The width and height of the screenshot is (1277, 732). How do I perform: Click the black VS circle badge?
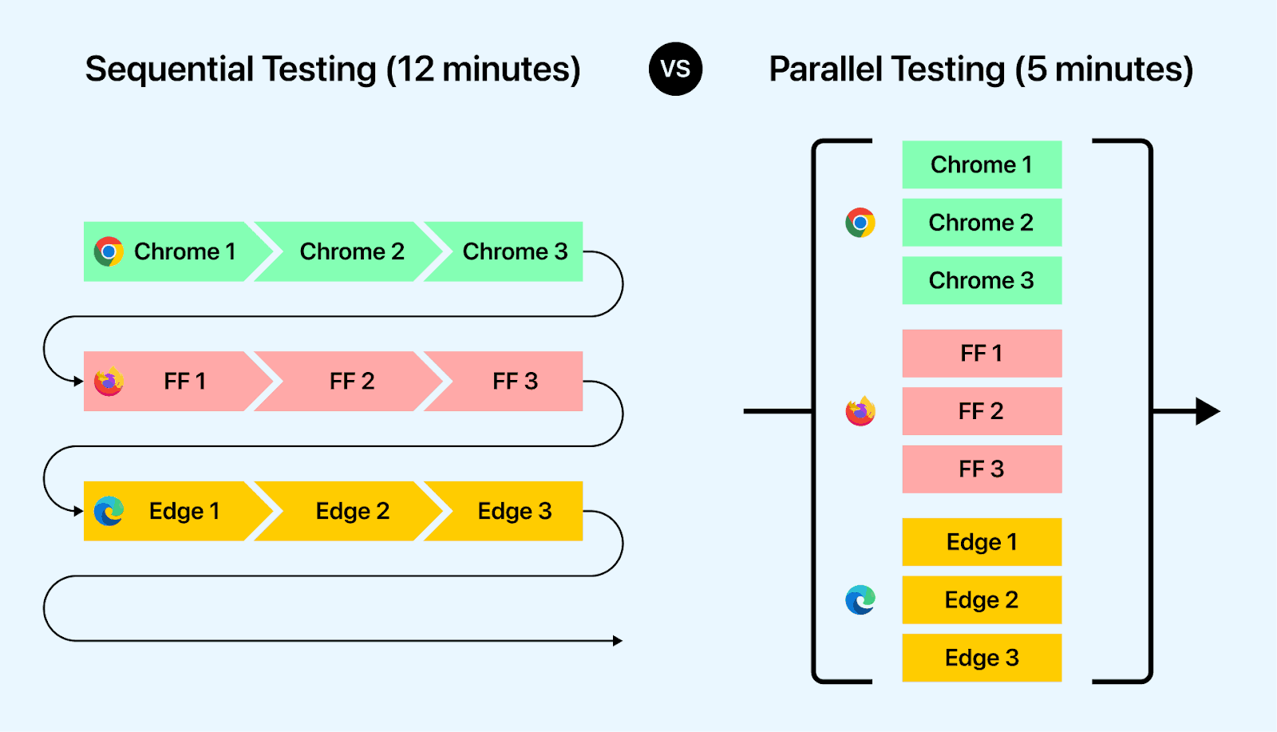[x=675, y=69]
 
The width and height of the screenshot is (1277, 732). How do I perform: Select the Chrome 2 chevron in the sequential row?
[x=351, y=251]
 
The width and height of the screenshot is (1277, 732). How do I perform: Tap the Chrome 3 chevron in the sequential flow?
[x=515, y=251]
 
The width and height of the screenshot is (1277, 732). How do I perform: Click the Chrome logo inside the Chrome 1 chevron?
[x=109, y=251]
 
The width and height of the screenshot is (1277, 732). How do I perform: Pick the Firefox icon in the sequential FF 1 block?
[x=109, y=382]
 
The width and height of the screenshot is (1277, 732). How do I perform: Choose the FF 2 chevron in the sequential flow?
[x=351, y=382]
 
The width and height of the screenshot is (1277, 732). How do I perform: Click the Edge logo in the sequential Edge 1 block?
[x=109, y=511]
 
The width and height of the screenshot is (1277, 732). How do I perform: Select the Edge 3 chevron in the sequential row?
[x=515, y=511]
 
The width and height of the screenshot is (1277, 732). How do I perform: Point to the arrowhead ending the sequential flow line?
[x=618, y=640]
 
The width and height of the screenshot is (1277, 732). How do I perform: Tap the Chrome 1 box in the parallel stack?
[x=982, y=164]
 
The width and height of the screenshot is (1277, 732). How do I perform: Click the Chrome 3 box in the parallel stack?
[x=982, y=280]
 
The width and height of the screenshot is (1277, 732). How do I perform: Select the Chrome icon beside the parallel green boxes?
[x=860, y=223]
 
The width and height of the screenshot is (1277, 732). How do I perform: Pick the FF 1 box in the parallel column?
[x=982, y=353]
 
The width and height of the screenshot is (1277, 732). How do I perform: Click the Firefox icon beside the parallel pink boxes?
[x=860, y=411]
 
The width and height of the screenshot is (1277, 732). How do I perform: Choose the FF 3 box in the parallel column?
[x=982, y=469]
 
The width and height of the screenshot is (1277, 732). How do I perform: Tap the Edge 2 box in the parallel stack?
[x=982, y=599]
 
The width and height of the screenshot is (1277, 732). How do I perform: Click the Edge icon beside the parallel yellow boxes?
[x=860, y=599]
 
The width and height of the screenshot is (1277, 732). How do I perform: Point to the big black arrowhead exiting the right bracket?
[x=1207, y=411]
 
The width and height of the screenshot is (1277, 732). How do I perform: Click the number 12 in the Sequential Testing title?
[x=415, y=69]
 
